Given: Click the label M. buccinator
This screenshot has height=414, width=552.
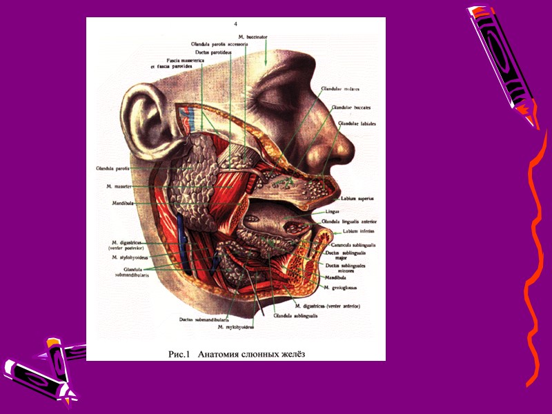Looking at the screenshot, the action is [x=253, y=35].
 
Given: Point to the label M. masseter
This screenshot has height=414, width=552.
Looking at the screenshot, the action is [x=119, y=186].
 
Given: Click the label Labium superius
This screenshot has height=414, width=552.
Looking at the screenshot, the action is [x=357, y=199].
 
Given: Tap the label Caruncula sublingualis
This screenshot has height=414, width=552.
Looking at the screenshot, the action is [x=354, y=246].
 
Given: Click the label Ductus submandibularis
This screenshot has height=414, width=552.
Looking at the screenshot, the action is [x=203, y=319].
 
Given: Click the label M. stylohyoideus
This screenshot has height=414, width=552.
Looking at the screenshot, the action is [x=128, y=257].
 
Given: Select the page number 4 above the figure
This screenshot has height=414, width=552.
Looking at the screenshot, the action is [x=235, y=24].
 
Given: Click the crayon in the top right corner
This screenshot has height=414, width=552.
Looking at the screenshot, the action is [x=502, y=62].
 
